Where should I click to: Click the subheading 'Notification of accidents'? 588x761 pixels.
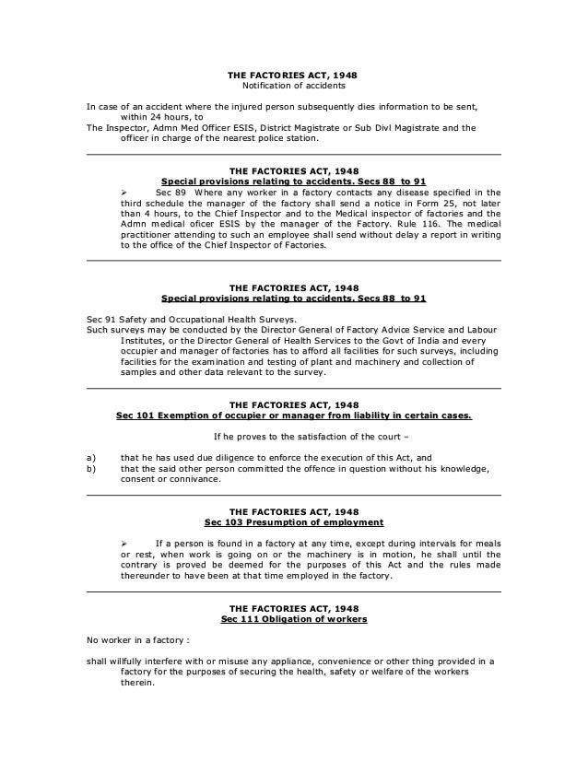click(x=293, y=86)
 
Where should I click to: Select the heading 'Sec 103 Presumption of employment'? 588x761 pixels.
click(x=293, y=522)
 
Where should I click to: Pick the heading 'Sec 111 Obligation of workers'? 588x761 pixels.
click(x=293, y=619)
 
